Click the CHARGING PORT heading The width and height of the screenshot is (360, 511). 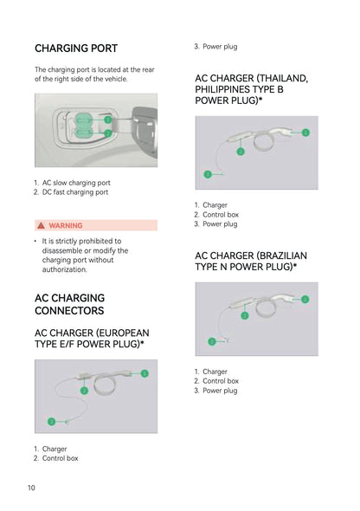tap(76, 49)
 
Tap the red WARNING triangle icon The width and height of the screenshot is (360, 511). tap(41, 225)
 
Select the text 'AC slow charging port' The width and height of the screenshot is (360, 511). tap(76, 183)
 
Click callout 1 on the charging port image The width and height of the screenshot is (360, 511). tap(107, 120)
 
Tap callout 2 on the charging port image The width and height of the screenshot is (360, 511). tap(107, 133)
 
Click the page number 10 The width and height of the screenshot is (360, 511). tap(31, 488)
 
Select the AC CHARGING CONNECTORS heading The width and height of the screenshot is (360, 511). tap(69, 304)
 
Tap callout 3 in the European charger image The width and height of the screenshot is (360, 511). tap(51, 422)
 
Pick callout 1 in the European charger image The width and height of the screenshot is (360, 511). tap(145, 373)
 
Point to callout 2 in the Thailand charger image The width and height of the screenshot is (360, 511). tap(241, 152)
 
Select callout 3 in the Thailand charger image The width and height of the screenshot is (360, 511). tap(208, 174)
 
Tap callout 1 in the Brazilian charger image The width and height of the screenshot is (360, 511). tap(305, 299)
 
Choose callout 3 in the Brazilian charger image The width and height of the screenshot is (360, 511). tap(212, 341)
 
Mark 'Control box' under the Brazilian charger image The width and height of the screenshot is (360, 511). tap(221, 381)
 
